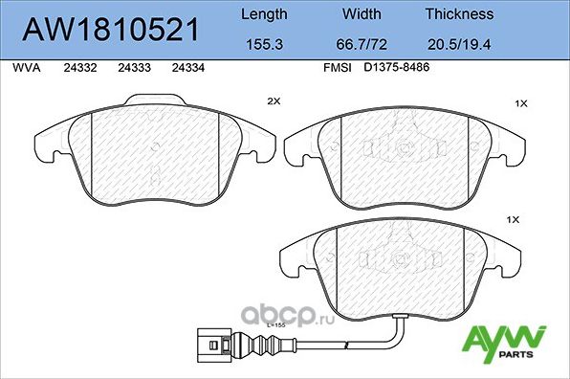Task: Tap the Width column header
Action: [361, 14]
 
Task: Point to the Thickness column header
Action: [460, 14]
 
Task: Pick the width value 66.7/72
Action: [362, 44]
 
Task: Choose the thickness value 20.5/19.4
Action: [460, 44]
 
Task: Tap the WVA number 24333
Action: [132, 69]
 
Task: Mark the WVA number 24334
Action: [186, 69]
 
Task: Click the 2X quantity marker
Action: [274, 100]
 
